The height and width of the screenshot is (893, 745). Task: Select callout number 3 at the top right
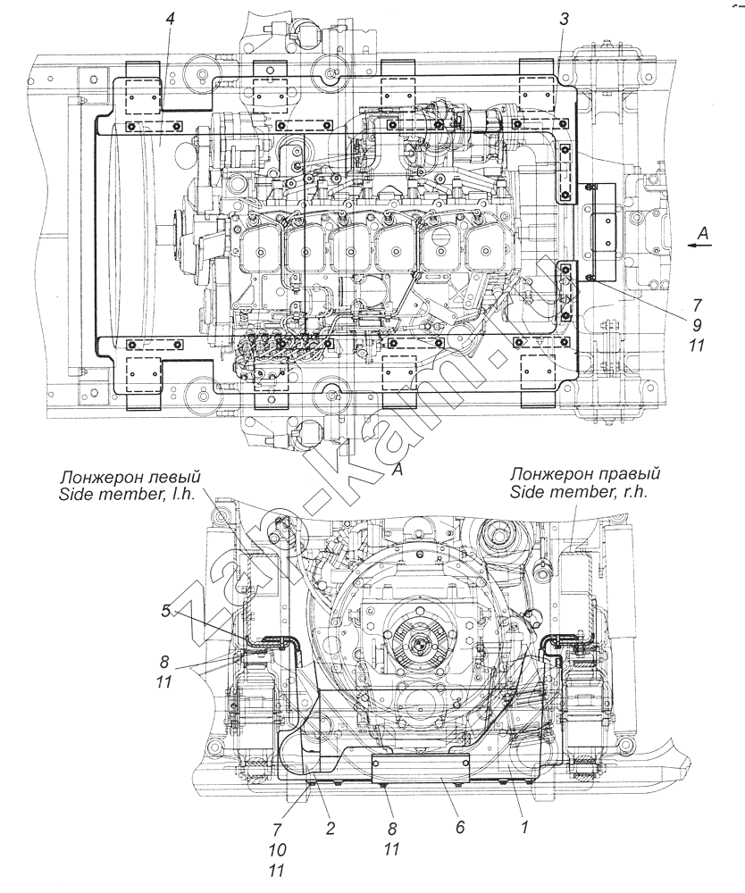pos(563,19)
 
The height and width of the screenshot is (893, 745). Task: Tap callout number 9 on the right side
pos(697,325)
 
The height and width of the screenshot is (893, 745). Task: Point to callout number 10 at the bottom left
pos(278,850)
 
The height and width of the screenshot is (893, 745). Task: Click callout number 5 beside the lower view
pos(165,612)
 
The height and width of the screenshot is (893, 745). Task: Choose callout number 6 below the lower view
pos(460,827)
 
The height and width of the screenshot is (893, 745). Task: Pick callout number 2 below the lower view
pos(331,827)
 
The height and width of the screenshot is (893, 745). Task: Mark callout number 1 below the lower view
pos(525,827)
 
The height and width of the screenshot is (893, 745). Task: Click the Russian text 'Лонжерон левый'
pos(131,476)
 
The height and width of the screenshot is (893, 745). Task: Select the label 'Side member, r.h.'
pos(579,493)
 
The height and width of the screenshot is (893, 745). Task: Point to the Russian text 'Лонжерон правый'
pos(585,474)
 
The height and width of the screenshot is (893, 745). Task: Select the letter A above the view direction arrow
pos(703,232)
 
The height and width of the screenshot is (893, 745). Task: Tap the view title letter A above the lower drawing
pos(398,470)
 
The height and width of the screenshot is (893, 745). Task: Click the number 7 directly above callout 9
pos(697,305)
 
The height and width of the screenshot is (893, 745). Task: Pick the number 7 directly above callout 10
pos(278,829)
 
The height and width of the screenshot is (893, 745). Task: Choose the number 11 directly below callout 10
pos(278,871)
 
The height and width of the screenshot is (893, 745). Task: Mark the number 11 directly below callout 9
pos(697,345)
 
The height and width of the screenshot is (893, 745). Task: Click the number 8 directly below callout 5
pos(164,662)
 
